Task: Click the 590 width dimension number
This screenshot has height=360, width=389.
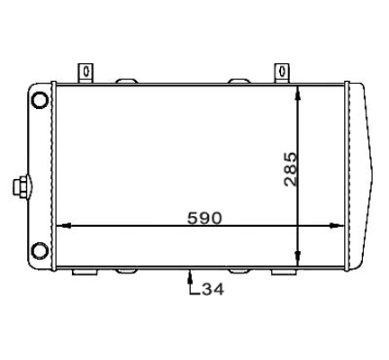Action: coord(204,218)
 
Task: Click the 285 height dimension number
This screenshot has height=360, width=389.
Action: coord(290,169)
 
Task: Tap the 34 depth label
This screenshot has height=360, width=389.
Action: coord(213,290)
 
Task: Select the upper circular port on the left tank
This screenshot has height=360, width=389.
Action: coord(41,101)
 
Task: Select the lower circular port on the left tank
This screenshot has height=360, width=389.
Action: coord(41,250)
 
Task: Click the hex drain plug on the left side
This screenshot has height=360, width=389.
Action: coord(22,187)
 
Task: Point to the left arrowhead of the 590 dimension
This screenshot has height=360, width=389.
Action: coord(64,226)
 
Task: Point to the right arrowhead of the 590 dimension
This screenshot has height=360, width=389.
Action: coord(337,226)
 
